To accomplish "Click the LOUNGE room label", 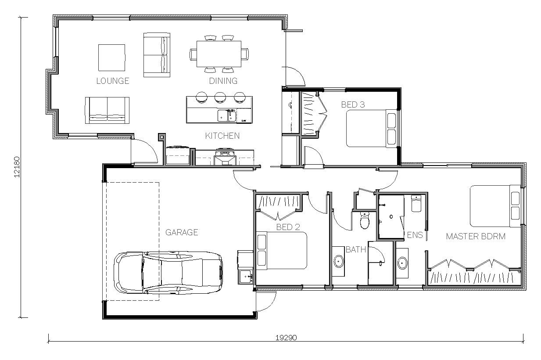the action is pyautogui.click(x=113, y=81).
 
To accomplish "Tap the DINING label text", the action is pyautogui.click(x=223, y=81).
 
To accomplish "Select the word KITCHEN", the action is pyautogui.click(x=222, y=136).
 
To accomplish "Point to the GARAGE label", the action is pyautogui.click(x=182, y=232).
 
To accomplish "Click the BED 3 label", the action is pyautogui.click(x=353, y=104).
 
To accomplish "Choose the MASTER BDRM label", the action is pyautogui.click(x=476, y=236).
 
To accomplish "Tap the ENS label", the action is pyautogui.click(x=415, y=235).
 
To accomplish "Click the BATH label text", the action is pyautogui.click(x=356, y=249).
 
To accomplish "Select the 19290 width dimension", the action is pyautogui.click(x=286, y=338).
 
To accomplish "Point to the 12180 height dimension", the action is pyautogui.click(x=17, y=167).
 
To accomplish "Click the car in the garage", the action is pyautogui.click(x=168, y=273).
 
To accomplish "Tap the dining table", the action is pyautogui.click(x=219, y=54).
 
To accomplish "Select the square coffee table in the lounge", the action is pyautogui.click(x=111, y=58).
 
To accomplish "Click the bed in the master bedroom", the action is pyautogui.click(x=495, y=206).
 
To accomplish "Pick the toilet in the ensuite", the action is pyautogui.click(x=416, y=203).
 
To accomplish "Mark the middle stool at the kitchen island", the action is pyautogui.click(x=220, y=97).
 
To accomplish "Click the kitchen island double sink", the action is pyautogui.click(x=227, y=115).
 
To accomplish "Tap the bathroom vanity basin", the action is pyautogui.click(x=339, y=261).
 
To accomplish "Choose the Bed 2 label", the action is pyautogui.click(x=288, y=227).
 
